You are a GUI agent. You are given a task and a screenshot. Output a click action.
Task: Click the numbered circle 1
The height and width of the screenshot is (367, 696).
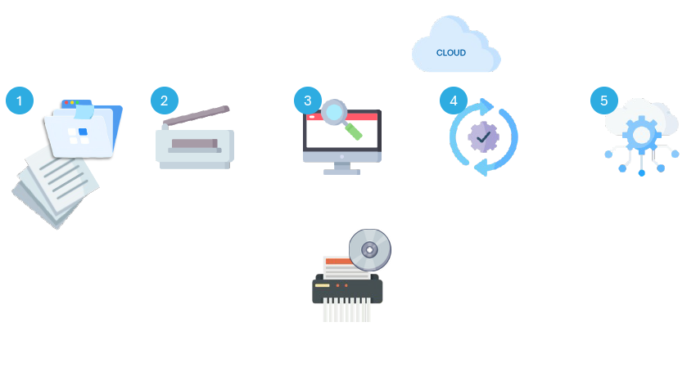click(x=20, y=101)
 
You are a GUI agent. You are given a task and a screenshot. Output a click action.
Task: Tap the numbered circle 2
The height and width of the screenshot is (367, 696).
click(x=165, y=101)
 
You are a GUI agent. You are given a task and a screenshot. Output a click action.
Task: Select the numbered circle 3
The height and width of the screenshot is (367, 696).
click(x=308, y=101)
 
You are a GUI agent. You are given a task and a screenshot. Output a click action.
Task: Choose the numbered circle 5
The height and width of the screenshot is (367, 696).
click(x=604, y=101)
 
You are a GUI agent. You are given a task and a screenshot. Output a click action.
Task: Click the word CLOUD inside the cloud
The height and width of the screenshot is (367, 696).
click(x=451, y=53)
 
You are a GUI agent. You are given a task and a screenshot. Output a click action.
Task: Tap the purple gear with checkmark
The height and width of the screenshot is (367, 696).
click(x=483, y=135)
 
